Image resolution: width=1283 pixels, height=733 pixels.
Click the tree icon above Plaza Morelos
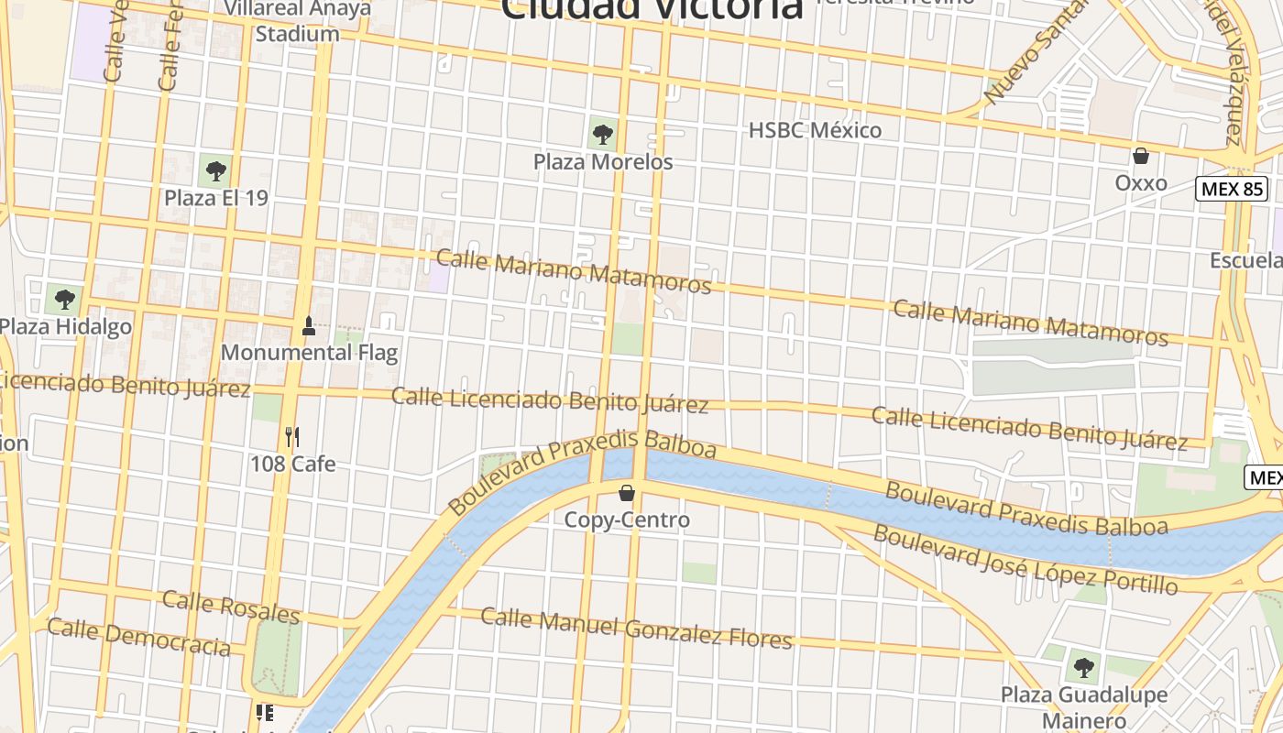602,134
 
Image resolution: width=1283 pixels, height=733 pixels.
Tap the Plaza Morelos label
603,162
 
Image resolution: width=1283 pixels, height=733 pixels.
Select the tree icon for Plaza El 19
215,170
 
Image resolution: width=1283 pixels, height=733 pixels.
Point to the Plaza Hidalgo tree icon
64,299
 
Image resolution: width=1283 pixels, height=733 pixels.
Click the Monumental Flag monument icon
309,325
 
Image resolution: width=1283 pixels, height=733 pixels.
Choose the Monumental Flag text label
309,352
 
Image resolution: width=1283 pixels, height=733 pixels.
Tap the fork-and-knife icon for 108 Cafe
292,436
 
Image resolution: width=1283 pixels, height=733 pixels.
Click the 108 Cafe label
292,465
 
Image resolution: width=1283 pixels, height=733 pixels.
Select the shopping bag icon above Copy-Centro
627,493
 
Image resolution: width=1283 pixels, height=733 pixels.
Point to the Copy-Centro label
627,520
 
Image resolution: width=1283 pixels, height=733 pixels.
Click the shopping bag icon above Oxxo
1141,156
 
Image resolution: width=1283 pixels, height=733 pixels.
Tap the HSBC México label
815,130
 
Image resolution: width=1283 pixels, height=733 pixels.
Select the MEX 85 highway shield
1232,190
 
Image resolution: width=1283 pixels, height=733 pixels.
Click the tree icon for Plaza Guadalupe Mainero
1084,667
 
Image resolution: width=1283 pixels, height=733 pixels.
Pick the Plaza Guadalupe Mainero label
1084,706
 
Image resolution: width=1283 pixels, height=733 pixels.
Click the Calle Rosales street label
231,607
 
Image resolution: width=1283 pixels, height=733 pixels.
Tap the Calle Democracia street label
138,638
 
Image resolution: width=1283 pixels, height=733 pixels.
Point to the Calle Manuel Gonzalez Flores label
636,629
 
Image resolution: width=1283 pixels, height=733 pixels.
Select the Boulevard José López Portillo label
1025,558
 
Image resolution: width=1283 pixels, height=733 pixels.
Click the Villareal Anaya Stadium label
298,21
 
